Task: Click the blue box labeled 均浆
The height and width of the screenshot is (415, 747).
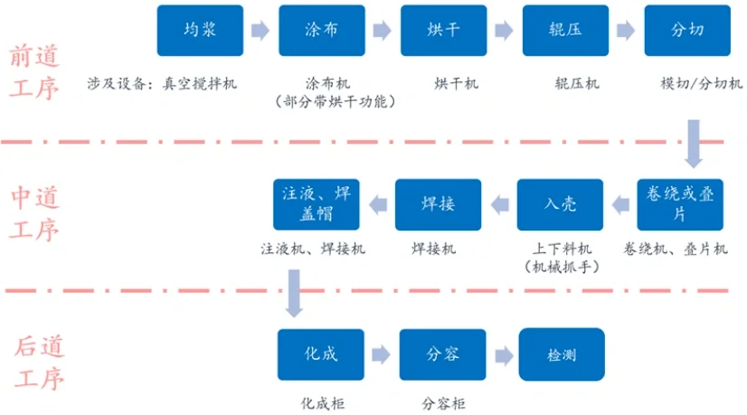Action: (199, 30)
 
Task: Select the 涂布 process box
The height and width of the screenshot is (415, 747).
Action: (321, 30)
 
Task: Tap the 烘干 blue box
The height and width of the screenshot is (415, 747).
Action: (443, 30)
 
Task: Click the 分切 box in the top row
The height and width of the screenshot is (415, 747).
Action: (687, 30)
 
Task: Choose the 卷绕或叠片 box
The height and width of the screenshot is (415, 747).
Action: (679, 204)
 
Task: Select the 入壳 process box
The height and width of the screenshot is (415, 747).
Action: (559, 204)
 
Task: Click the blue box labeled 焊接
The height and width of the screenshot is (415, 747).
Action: (438, 204)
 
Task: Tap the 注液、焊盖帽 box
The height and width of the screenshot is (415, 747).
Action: (316, 204)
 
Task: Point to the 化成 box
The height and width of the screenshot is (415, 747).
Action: (320, 354)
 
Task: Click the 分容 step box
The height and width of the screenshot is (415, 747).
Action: (441, 354)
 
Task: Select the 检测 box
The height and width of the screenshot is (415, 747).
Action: (562, 354)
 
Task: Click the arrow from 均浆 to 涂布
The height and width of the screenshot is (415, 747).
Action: (260, 31)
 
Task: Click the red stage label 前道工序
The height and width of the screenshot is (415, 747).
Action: (33, 71)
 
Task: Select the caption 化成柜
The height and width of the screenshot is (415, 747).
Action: (323, 404)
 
